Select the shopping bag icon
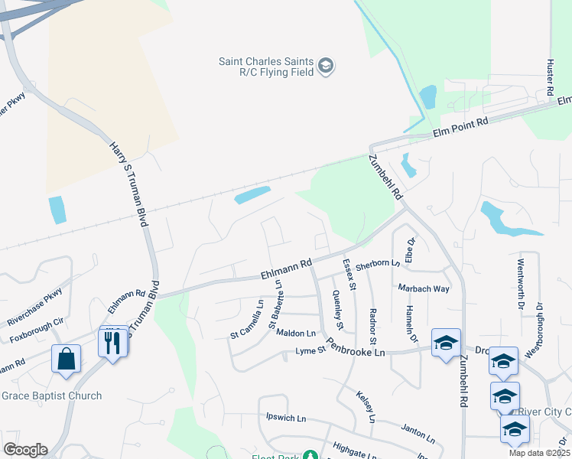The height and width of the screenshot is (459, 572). [x=67, y=359]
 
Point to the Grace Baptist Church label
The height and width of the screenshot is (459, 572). [x=51, y=396]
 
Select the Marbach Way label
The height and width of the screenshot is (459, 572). [x=423, y=288]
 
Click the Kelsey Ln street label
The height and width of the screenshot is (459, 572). [x=366, y=407]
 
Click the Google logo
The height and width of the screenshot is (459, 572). [x=25, y=449]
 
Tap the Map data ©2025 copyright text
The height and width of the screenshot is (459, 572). [x=538, y=453]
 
